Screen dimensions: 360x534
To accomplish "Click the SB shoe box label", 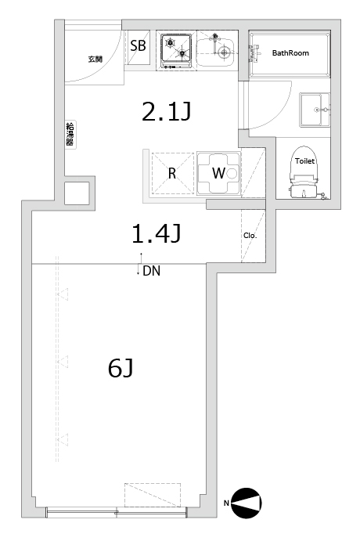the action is [x=138, y=45].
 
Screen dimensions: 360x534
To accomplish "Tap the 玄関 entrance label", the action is [x=95, y=59].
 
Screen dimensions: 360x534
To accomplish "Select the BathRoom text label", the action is [x=290, y=52].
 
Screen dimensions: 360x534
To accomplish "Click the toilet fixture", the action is [x=304, y=172].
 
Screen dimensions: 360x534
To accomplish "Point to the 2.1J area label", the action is [x=167, y=112].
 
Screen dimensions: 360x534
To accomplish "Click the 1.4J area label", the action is [x=157, y=234].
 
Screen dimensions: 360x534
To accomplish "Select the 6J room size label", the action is [x=121, y=368].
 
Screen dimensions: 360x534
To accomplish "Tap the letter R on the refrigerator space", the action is [x=172, y=173].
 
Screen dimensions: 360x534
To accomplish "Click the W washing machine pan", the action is [x=219, y=173].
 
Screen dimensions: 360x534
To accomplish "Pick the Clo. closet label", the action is [x=250, y=236].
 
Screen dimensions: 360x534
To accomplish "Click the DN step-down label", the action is [x=151, y=271].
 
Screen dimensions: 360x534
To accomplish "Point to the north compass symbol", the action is [x=247, y=503].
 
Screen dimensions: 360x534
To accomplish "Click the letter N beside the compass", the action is [x=226, y=503].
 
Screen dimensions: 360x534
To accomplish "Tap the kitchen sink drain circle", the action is [x=224, y=52].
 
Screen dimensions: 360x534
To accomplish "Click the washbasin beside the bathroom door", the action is [x=315, y=110].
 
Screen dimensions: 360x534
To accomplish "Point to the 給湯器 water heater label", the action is [x=70, y=134].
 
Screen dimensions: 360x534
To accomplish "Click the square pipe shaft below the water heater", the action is [x=77, y=193].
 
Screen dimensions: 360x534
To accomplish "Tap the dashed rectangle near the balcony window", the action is [x=153, y=495].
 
